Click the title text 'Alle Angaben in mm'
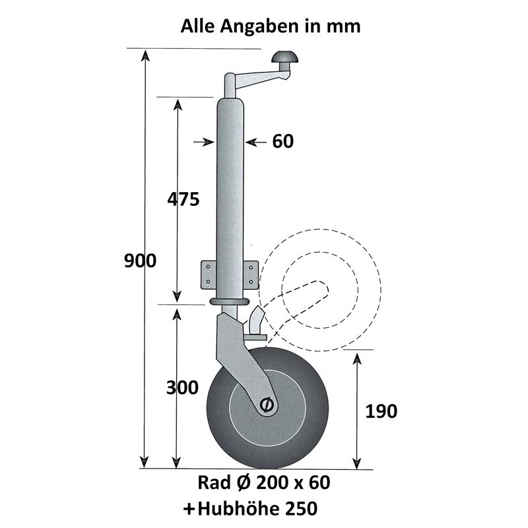[x=271, y=26]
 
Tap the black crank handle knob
[x=286, y=57]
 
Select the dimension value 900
[x=140, y=261]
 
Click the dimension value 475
[x=182, y=199]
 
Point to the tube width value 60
[x=282, y=141]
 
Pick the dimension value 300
[x=181, y=387]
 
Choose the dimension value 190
[x=381, y=411]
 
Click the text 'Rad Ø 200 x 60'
[x=263, y=482]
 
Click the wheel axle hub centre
[x=267, y=405]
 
